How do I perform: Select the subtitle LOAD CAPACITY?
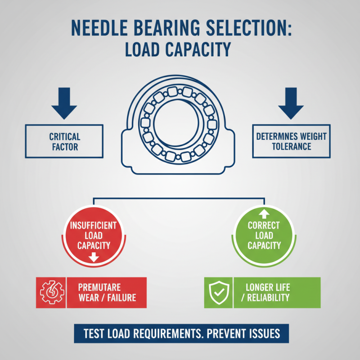[x=180, y=50]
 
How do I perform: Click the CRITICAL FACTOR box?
[x=64, y=141]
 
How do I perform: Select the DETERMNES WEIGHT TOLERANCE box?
[x=291, y=141]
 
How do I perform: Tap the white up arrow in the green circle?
[x=264, y=211]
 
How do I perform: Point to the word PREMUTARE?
[x=100, y=287]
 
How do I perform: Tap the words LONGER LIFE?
[x=268, y=287]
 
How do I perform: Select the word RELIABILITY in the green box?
[x=270, y=298]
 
